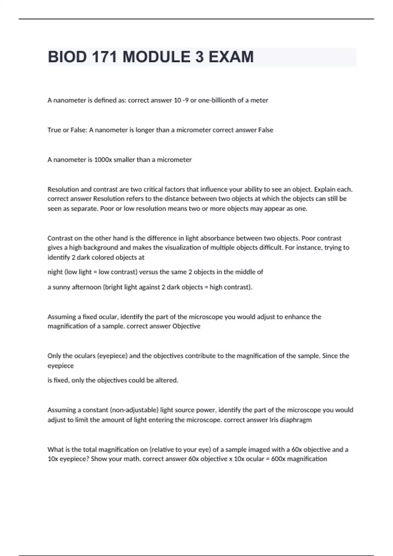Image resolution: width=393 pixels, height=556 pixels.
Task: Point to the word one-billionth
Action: (x=215, y=100)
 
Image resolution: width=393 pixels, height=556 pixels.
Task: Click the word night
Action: (x=55, y=272)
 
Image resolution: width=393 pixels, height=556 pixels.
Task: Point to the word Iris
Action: (x=274, y=420)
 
